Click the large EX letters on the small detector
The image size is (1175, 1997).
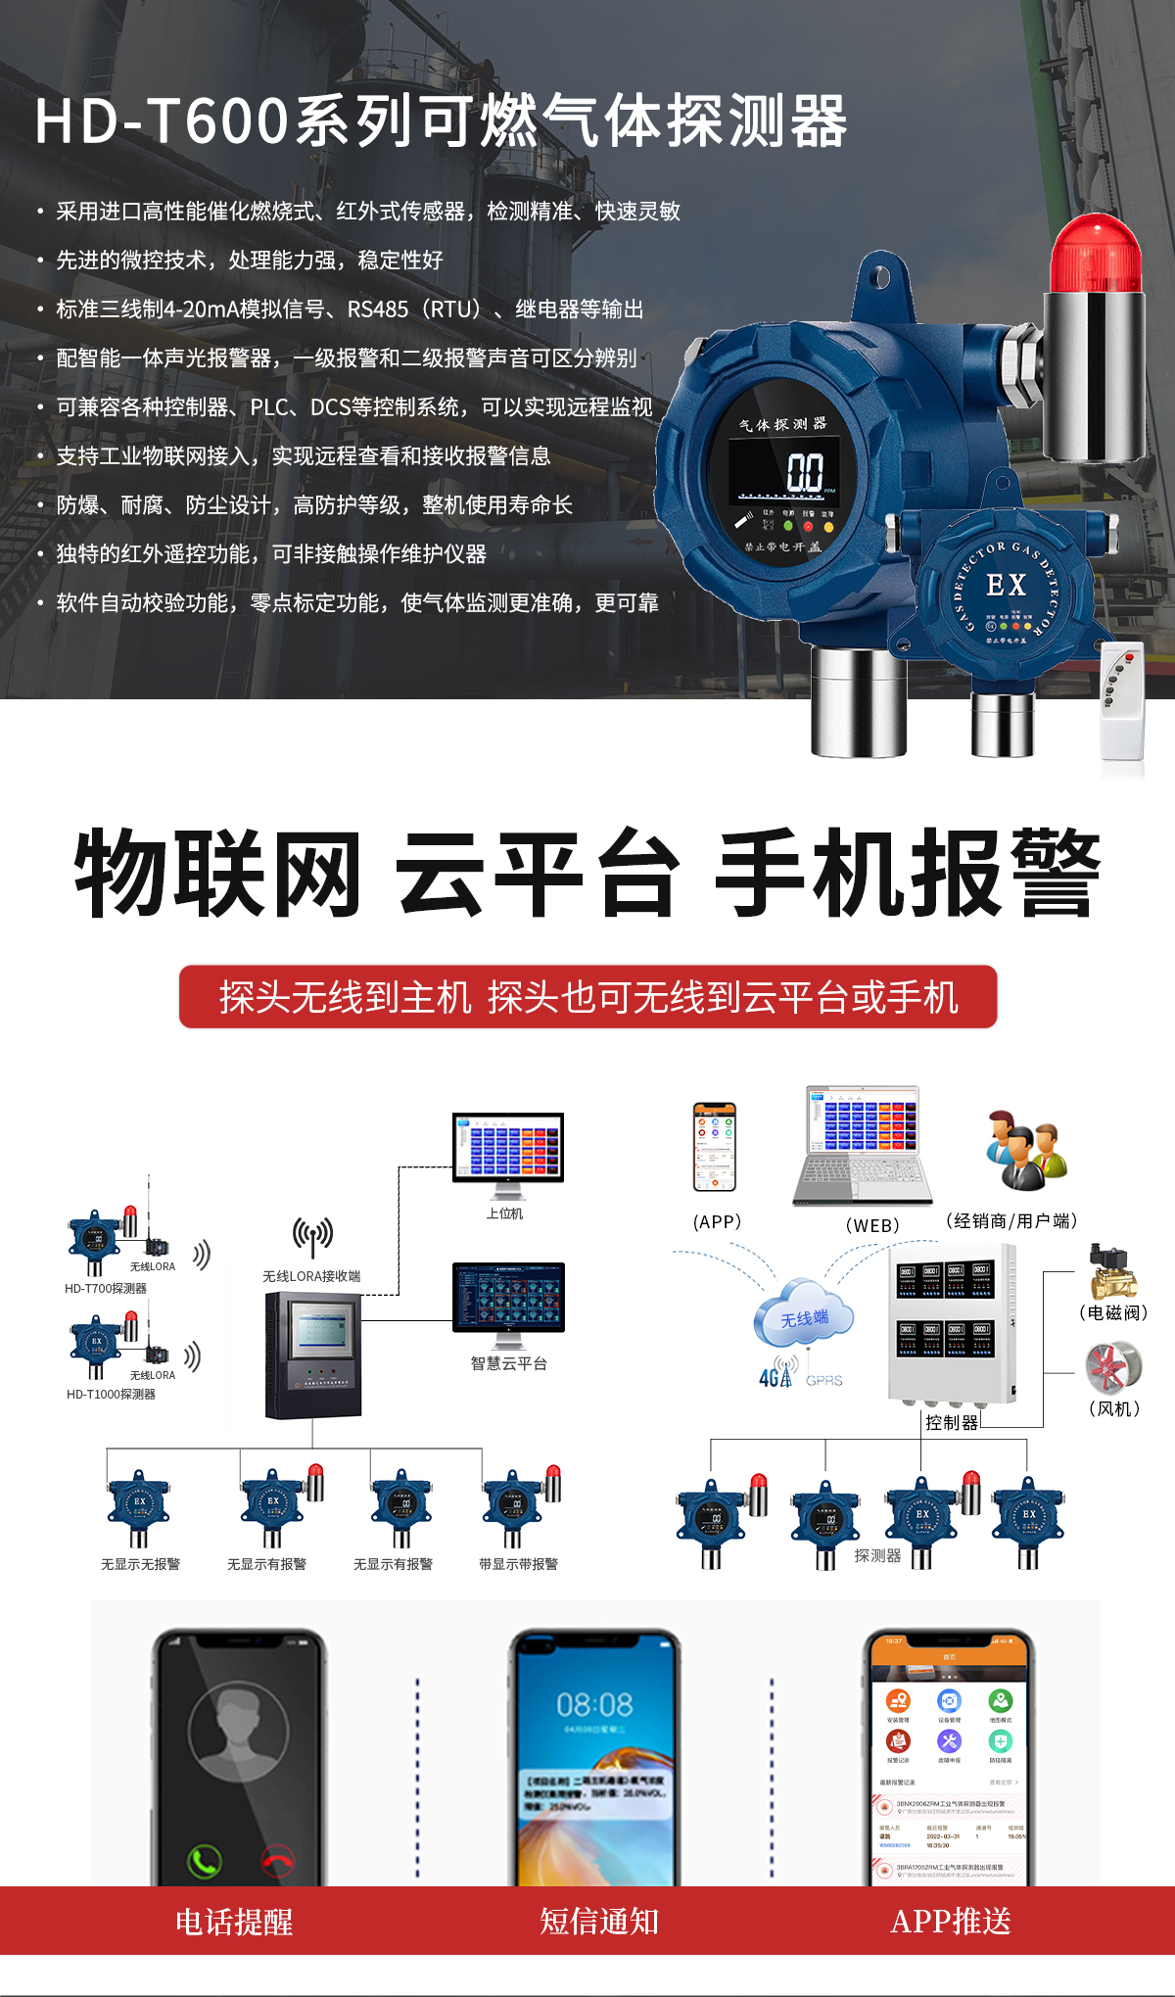(1006, 585)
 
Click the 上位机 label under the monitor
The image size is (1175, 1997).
(505, 1213)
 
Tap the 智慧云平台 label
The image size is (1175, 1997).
(508, 1363)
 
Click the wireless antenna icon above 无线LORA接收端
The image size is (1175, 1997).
(312, 1236)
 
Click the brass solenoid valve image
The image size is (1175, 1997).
(1113, 1271)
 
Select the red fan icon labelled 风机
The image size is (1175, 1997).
(1113, 1366)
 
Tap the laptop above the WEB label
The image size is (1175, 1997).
(862, 1146)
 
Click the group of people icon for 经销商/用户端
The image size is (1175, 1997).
(1025, 1150)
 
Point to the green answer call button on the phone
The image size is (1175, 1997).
(205, 1860)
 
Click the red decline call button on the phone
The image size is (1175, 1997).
(278, 1860)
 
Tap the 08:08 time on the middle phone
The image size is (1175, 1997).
(594, 1705)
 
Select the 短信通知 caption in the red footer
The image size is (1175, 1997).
(599, 1922)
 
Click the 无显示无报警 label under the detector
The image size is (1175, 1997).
(140, 1564)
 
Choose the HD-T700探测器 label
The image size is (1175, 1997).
(106, 1288)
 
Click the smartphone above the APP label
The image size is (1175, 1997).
(715, 1146)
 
